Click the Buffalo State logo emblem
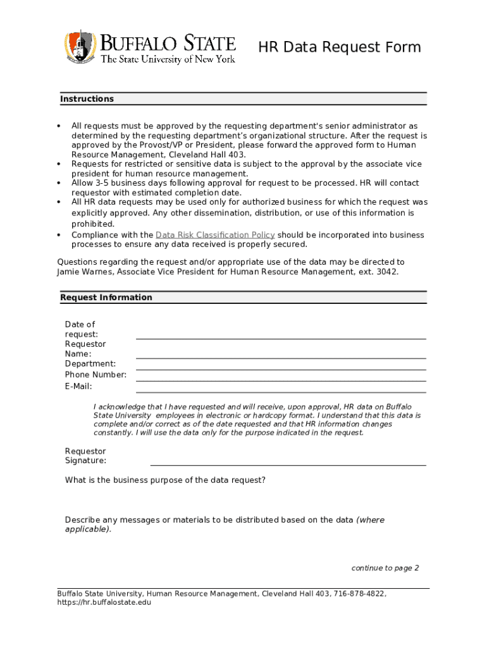click(80, 47)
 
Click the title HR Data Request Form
click(339, 47)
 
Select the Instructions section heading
click(87, 99)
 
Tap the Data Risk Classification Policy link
click(215, 235)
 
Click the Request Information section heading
click(106, 298)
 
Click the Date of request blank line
click(281, 338)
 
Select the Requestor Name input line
click(281, 358)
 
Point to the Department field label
click(90, 364)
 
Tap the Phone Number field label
click(96, 375)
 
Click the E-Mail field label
click(78, 386)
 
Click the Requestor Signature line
click(288, 464)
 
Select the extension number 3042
click(388, 272)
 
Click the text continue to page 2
click(385, 568)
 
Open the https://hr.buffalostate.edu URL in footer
click(104, 603)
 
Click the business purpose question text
click(165, 480)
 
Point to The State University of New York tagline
click(168, 59)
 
